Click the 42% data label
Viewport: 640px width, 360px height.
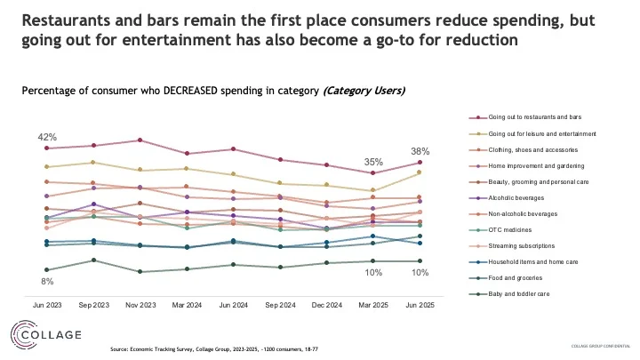click(x=47, y=137)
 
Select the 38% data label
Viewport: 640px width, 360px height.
click(x=420, y=151)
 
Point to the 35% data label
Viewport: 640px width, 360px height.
click(x=373, y=162)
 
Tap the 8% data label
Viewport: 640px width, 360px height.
click(x=46, y=282)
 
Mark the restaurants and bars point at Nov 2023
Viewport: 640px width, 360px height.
click(x=140, y=140)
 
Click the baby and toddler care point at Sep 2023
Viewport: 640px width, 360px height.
click(x=93, y=260)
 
